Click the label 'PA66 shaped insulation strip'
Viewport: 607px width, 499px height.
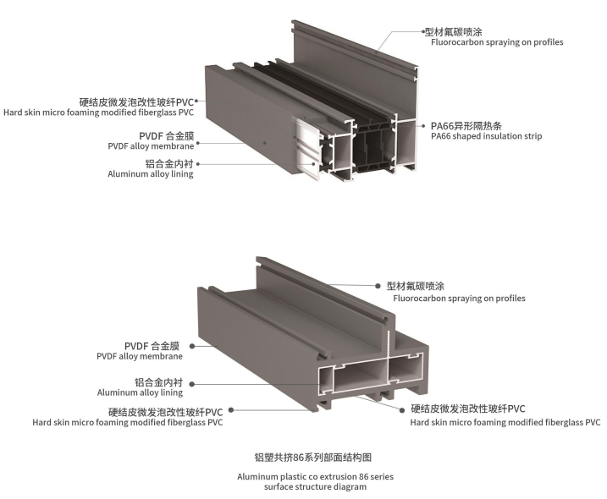pos(486,136)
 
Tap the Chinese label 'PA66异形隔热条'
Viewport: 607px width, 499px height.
pos(466,126)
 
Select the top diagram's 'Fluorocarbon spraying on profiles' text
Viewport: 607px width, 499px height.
pos(497,42)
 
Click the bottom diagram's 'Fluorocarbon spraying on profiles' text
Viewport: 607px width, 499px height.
pos(459,299)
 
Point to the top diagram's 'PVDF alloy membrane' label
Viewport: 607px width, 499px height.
pos(151,146)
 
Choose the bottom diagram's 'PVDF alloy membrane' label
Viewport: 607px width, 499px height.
pos(140,356)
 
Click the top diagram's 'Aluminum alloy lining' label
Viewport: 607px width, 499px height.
pos(151,174)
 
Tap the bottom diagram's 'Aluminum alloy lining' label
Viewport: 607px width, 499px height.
pos(140,392)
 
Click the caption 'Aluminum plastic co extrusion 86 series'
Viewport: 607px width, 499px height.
pos(315,476)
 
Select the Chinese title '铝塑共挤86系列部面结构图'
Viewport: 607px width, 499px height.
pos(312,458)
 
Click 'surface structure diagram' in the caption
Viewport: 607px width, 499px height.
pos(315,486)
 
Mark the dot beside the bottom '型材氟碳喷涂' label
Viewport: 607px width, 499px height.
pos(378,286)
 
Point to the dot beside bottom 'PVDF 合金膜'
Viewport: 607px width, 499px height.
pos(191,346)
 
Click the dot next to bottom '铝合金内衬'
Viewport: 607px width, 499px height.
pos(191,384)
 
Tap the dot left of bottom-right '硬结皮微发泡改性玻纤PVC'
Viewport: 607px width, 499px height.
pos(403,409)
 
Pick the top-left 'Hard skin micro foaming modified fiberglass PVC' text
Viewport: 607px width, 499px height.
pos(98,112)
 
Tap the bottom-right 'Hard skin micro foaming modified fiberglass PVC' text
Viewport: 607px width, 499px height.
pos(505,422)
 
